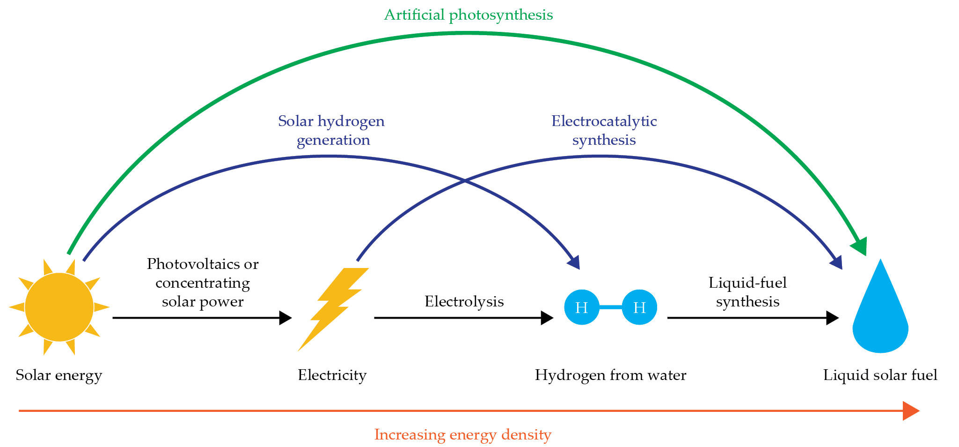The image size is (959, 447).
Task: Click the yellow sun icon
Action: [59, 307]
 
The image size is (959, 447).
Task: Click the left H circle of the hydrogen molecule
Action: [582, 307]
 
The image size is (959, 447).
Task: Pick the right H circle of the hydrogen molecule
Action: [639, 307]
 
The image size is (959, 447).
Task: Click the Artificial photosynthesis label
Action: [468, 15]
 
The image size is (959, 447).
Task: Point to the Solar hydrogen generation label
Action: [332, 130]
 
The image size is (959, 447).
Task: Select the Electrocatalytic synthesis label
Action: [604, 130]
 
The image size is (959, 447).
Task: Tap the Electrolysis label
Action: [464, 301]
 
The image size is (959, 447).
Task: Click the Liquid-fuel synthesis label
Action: [747, 292]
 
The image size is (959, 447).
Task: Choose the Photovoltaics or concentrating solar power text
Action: [203, 283]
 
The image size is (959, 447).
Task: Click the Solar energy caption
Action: [59, 375]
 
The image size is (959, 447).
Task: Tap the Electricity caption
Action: [332, 375]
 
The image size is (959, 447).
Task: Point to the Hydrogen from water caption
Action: [610, 375]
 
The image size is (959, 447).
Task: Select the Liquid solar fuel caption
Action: [880, 375]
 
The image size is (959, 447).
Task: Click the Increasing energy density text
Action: [462, 435]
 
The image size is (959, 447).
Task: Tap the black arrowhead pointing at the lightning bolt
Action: [285, 318]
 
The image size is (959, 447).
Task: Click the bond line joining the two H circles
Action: [611, 307]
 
